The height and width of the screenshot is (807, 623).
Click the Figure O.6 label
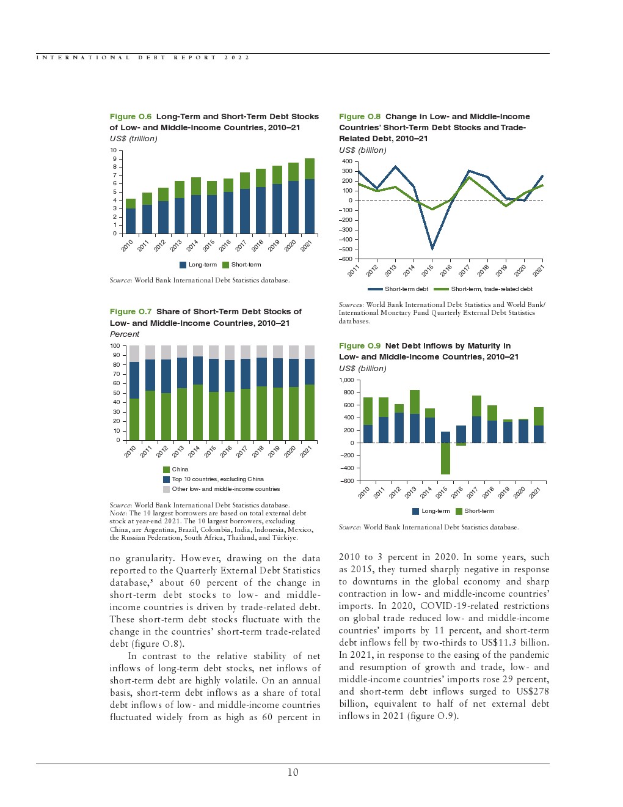point(130,117)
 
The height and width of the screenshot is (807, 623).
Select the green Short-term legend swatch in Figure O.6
point(225,265)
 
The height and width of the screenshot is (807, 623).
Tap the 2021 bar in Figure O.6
point(310,196)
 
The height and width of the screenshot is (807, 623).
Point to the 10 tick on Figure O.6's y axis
point(114,150)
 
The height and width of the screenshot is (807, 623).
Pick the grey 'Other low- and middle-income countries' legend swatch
point(166,489)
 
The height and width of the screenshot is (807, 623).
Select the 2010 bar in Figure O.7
point(134,397)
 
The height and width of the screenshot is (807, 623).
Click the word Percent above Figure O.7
point(125,334)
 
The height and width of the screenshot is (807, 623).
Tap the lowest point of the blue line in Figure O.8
point(432,248)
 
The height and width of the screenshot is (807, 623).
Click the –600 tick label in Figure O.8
point(346,259)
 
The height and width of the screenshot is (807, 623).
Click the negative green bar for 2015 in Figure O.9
point(445,459)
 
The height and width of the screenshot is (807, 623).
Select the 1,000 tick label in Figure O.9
point(346,380)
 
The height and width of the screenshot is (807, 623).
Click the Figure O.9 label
point(359,346)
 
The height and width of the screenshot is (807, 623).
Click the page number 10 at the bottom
point(293,773)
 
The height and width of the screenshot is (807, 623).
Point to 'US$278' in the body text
point(532,691)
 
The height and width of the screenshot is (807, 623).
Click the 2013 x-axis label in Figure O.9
point(410,492)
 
